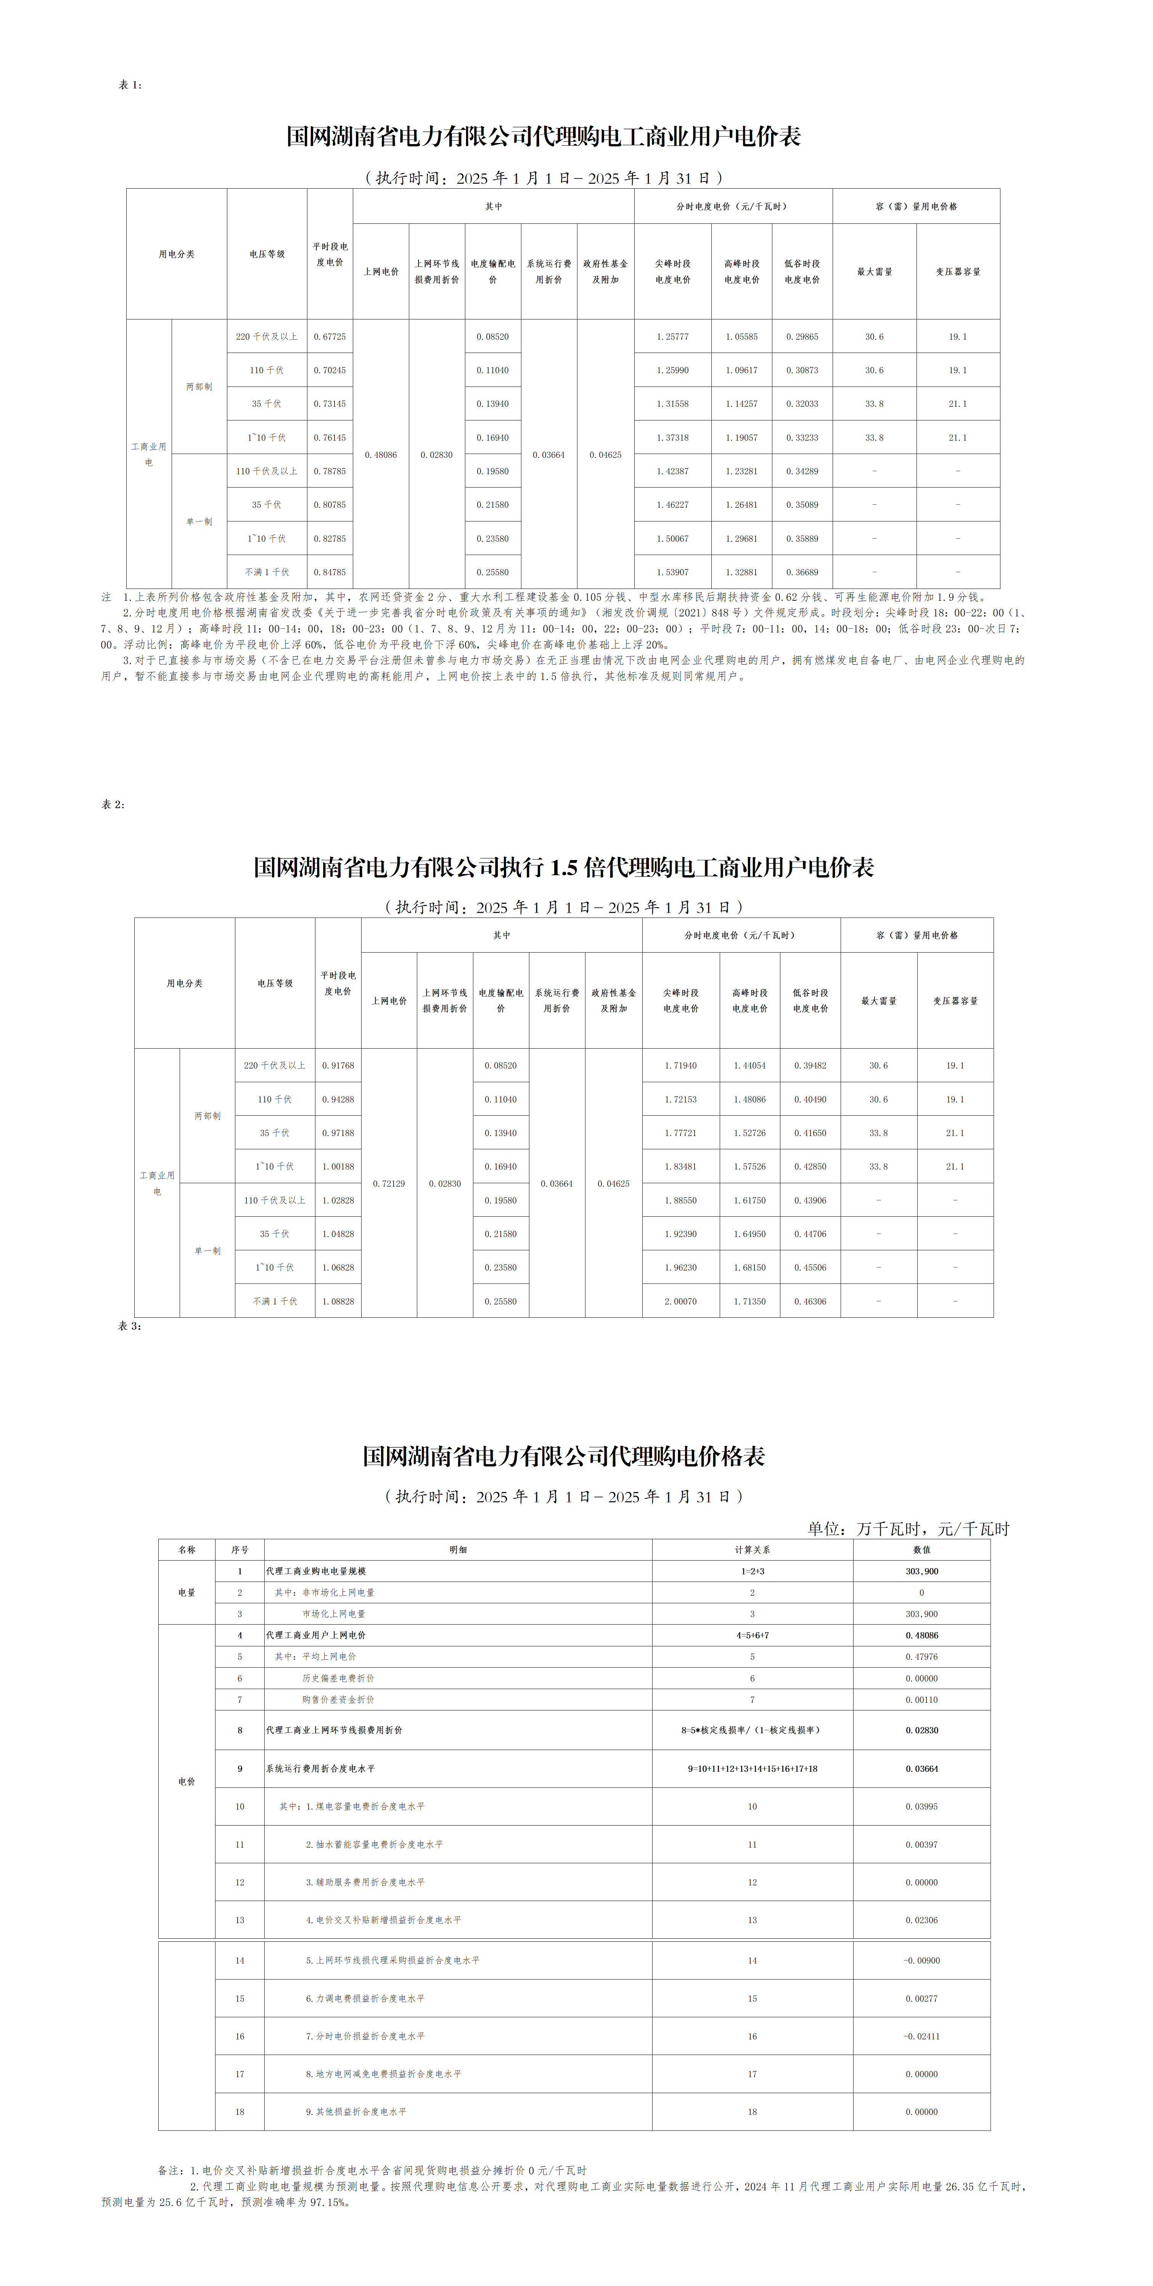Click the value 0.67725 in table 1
tap(329, 336)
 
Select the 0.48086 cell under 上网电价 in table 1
tap(381, 454)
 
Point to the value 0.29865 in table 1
tap(801, 336)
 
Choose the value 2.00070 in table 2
tap(680, 1301)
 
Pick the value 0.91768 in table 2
tap(337, 1065)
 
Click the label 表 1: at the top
tap(130, 85)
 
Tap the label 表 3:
tap(130, 1326)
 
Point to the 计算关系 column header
tap(752, 1550)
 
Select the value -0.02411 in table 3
tap(921, 2036)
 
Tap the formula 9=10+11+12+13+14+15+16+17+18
tap(752, 1769)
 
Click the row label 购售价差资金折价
tap(338, 1699)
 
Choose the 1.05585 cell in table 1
tap(741, 336)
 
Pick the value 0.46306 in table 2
tap(809, 1301)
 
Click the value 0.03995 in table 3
tap(921, 1806)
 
